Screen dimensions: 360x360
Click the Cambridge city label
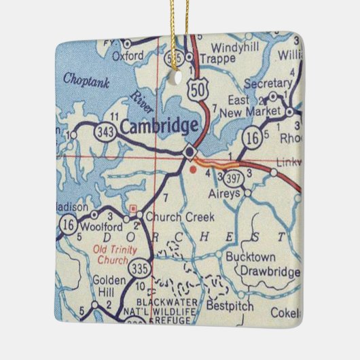pos(160,125)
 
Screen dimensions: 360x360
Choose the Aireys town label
pos(224,194)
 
